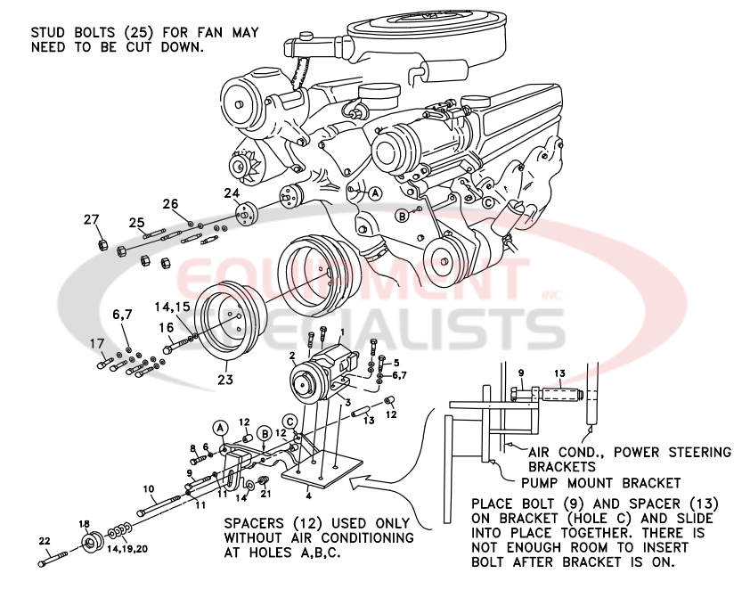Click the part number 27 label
[x=91, y=220]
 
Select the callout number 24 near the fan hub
[x=232, y=193]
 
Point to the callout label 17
[x=96, y=343]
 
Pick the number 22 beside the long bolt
[x=45, y=541]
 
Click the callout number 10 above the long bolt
[x=149, y=489]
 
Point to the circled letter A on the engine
[x=375, y=193]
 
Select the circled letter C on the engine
[x=487, y=201]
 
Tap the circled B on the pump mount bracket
[x=264, y=434]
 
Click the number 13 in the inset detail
[x=559, y=373]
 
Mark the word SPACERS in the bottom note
[x=255, y=524]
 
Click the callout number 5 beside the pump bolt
[x=396, y=364]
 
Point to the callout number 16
[x=167, y=328]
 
